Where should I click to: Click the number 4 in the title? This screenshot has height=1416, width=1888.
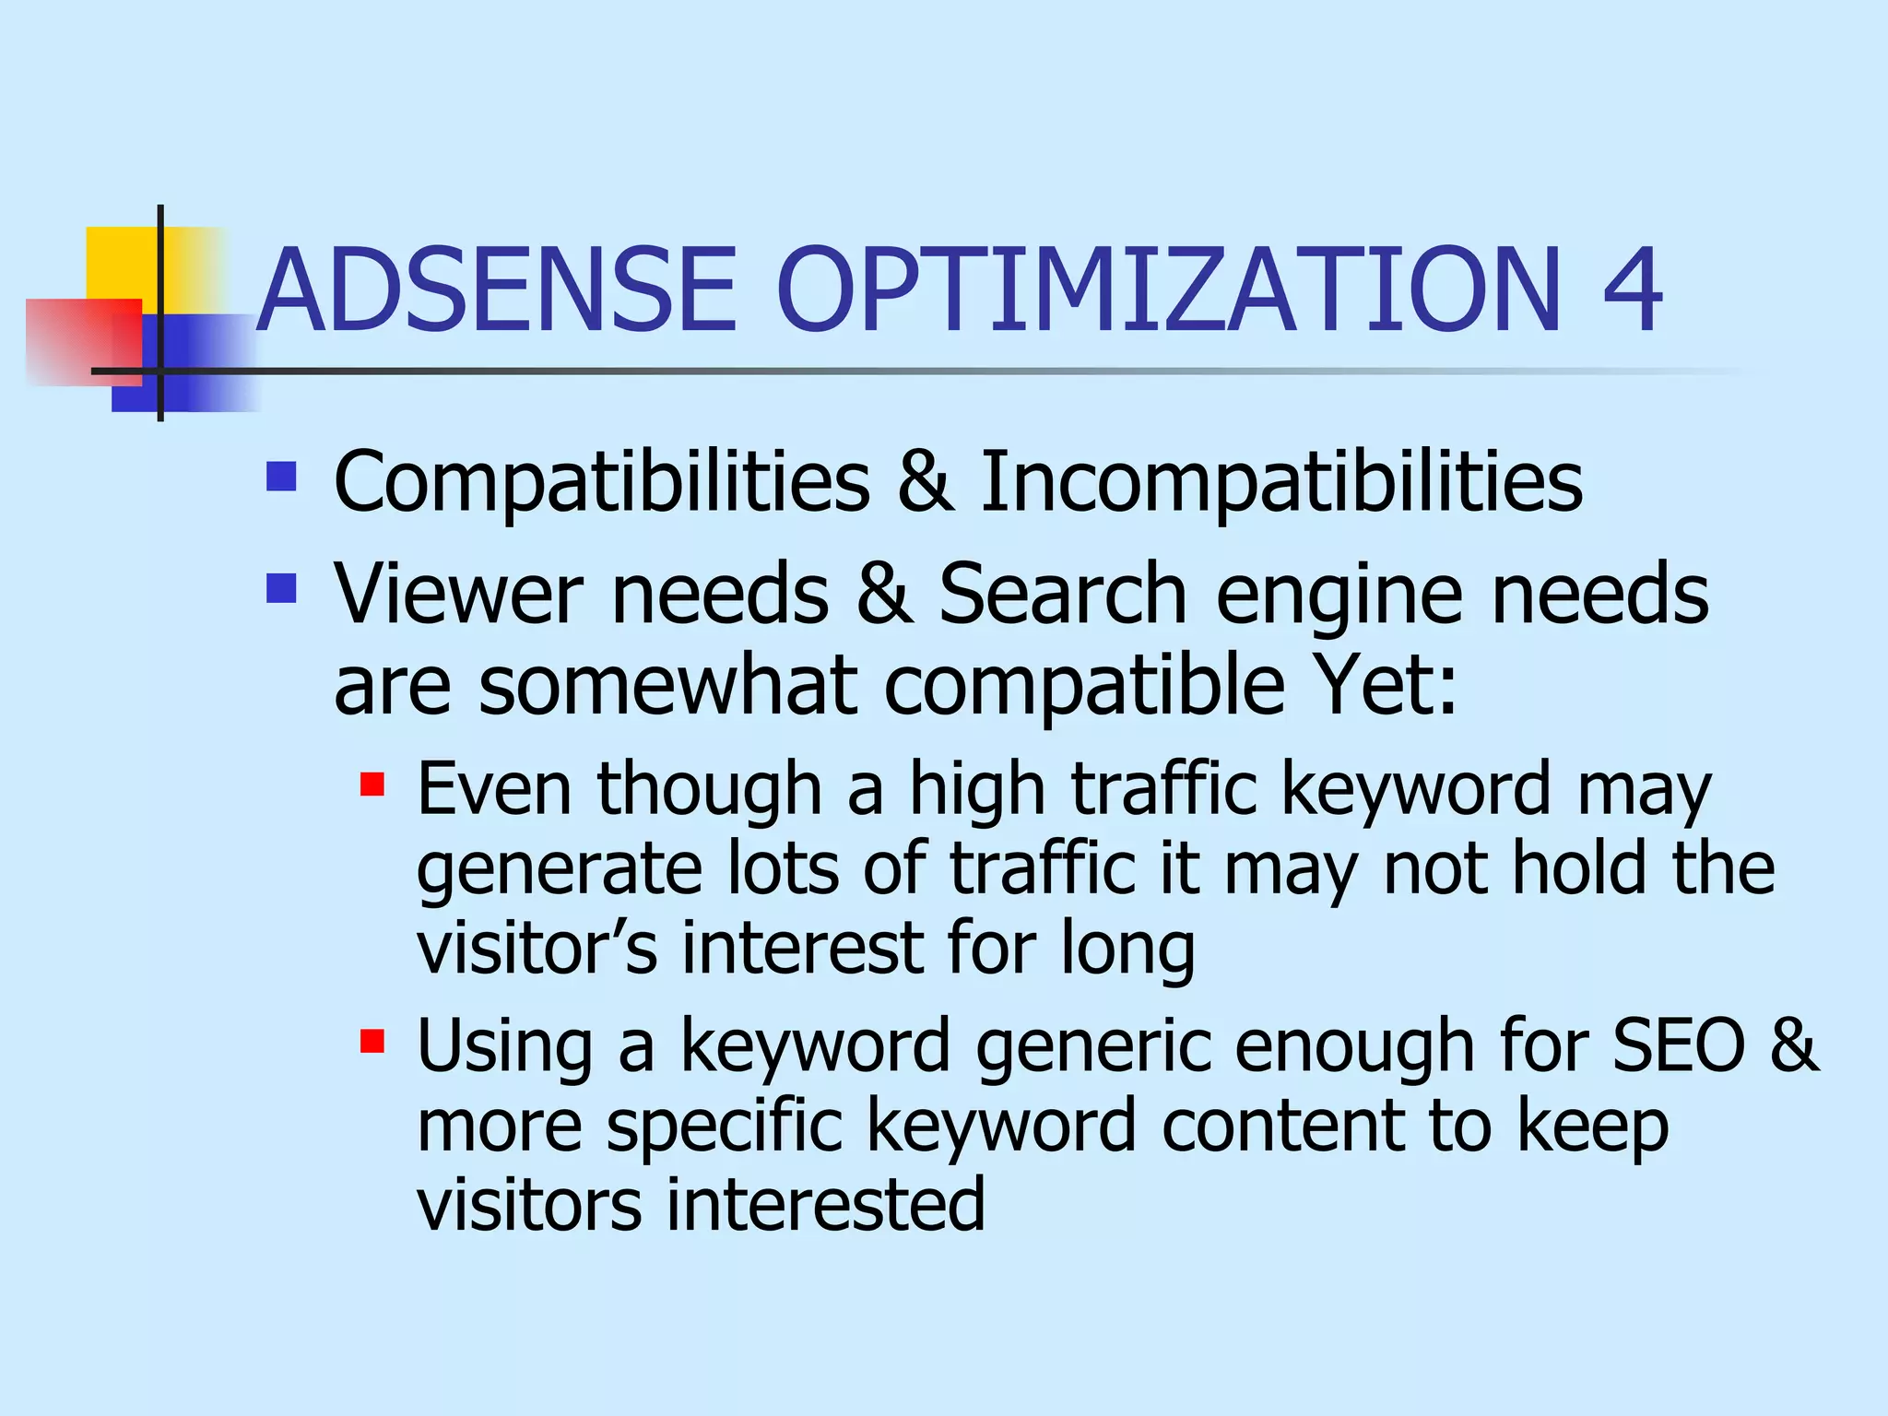(1633, 289)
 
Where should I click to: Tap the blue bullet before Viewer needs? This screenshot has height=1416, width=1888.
(281, 588)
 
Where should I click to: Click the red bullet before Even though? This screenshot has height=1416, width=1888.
(372, 785)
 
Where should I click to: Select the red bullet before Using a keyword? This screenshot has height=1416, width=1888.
(372, 1042)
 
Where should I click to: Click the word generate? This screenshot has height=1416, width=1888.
(559, 870)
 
